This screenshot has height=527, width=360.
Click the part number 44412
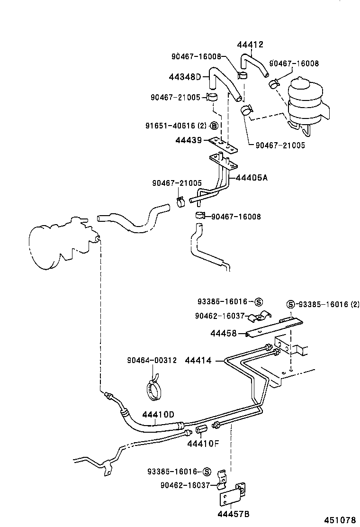point(250,45)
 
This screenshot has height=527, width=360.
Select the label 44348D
point(185,77)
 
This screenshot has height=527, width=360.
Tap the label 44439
point(189,140)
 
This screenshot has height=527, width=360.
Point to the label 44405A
point(252,178)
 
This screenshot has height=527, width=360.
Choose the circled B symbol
point(214,126)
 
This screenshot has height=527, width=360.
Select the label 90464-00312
point(152,360)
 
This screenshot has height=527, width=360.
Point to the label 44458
point(224,334)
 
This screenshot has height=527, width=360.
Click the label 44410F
point(203,444)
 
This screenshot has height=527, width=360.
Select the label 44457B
point(234,514)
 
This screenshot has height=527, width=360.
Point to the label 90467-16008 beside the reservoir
point(294,64)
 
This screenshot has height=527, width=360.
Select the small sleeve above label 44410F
point(201,429)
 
